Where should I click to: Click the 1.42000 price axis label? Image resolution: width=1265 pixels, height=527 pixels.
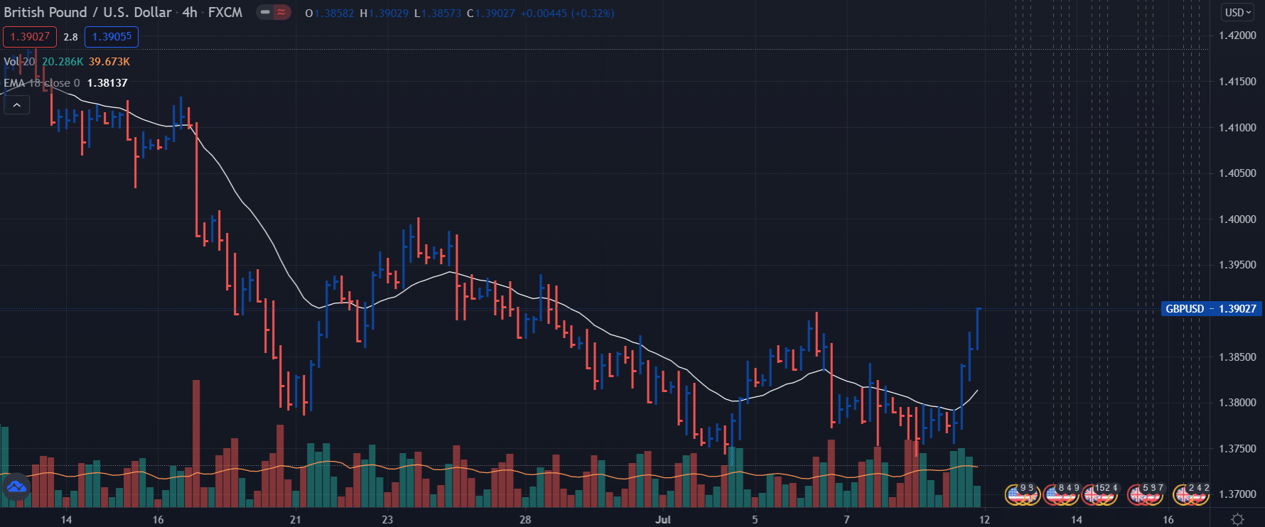click(x=1237, y=36)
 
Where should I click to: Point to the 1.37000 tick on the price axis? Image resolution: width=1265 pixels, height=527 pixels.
click(x=1237, y=494)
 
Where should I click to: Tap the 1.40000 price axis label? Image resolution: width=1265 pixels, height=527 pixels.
click(x=1237, y=219)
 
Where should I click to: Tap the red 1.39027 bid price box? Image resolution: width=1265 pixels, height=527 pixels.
click(x=30, y=37)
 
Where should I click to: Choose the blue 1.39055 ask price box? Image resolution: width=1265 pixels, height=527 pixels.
click(x=112, y=37)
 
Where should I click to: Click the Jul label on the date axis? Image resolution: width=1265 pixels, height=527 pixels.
click(x=662, y=520)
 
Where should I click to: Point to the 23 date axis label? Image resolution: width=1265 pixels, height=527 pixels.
click(x=387, y=520)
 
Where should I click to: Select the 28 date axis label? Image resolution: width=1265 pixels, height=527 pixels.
click(x=525, y=520)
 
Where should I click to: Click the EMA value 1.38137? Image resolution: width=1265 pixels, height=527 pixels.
click(x=107, y=83)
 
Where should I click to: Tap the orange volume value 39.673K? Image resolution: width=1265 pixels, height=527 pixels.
click(x=109, y=62)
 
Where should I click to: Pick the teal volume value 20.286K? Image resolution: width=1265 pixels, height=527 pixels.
click(x=63, y=62)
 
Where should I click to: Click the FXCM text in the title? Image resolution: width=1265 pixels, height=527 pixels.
click(x=225, y=13)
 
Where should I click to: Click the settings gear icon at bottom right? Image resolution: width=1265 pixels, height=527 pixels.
click(x=1237, y=519)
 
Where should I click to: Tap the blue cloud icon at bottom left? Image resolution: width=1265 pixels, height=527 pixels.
click(x=16, y=488)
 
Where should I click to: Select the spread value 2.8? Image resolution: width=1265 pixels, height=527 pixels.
click(x=70, y=37)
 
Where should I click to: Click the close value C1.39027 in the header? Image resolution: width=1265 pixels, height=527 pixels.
click(x=491, y=13)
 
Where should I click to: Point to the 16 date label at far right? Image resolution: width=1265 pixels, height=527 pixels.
click(x=1168, y=520)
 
